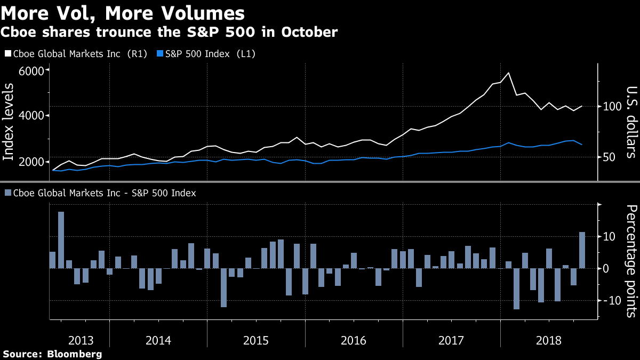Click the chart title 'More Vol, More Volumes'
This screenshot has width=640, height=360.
point(123,13)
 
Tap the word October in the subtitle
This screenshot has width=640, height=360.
point(309,31)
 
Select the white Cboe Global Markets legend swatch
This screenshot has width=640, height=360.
point(8,53)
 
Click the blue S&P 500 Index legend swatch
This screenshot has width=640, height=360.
point(160,53)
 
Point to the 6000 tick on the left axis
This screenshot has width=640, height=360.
point(31,71)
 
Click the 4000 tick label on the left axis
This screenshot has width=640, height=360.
point(31,116)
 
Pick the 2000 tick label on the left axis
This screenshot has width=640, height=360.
point(31,162)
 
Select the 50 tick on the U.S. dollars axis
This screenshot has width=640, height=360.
point(609,157)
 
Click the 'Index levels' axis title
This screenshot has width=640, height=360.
point(8,122)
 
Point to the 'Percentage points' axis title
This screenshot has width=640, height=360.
point(631,261)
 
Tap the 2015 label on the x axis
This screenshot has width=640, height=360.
point(255,341)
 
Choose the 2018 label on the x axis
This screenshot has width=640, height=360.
point(549,341)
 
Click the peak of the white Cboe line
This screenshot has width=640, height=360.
point(508,73)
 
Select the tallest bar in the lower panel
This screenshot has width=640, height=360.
point(61,240)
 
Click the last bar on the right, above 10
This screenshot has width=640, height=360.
point(582,250)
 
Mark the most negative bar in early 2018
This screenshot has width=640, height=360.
point(516,289)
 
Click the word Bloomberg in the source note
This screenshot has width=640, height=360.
point(74,354)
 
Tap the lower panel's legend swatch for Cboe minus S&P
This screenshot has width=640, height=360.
point(8,193)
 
